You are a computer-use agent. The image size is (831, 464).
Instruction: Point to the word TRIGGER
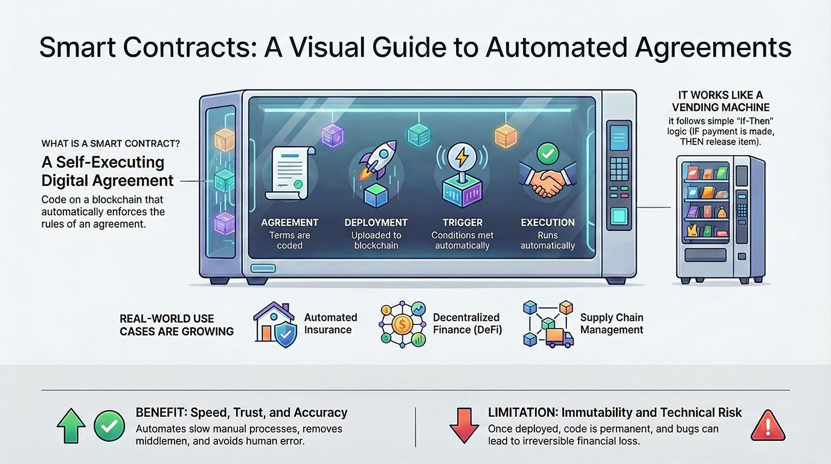(x=462, y=222)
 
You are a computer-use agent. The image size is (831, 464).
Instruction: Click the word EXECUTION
(x=547, y=222)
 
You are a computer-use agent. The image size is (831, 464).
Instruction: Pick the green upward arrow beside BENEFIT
(x=71, y=428)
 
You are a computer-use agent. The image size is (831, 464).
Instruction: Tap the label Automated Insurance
(x=330, y=324)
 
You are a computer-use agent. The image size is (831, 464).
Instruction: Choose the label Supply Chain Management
(x=611, y=324)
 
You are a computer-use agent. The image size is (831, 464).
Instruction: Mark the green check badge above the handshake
(x=547, y=153)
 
